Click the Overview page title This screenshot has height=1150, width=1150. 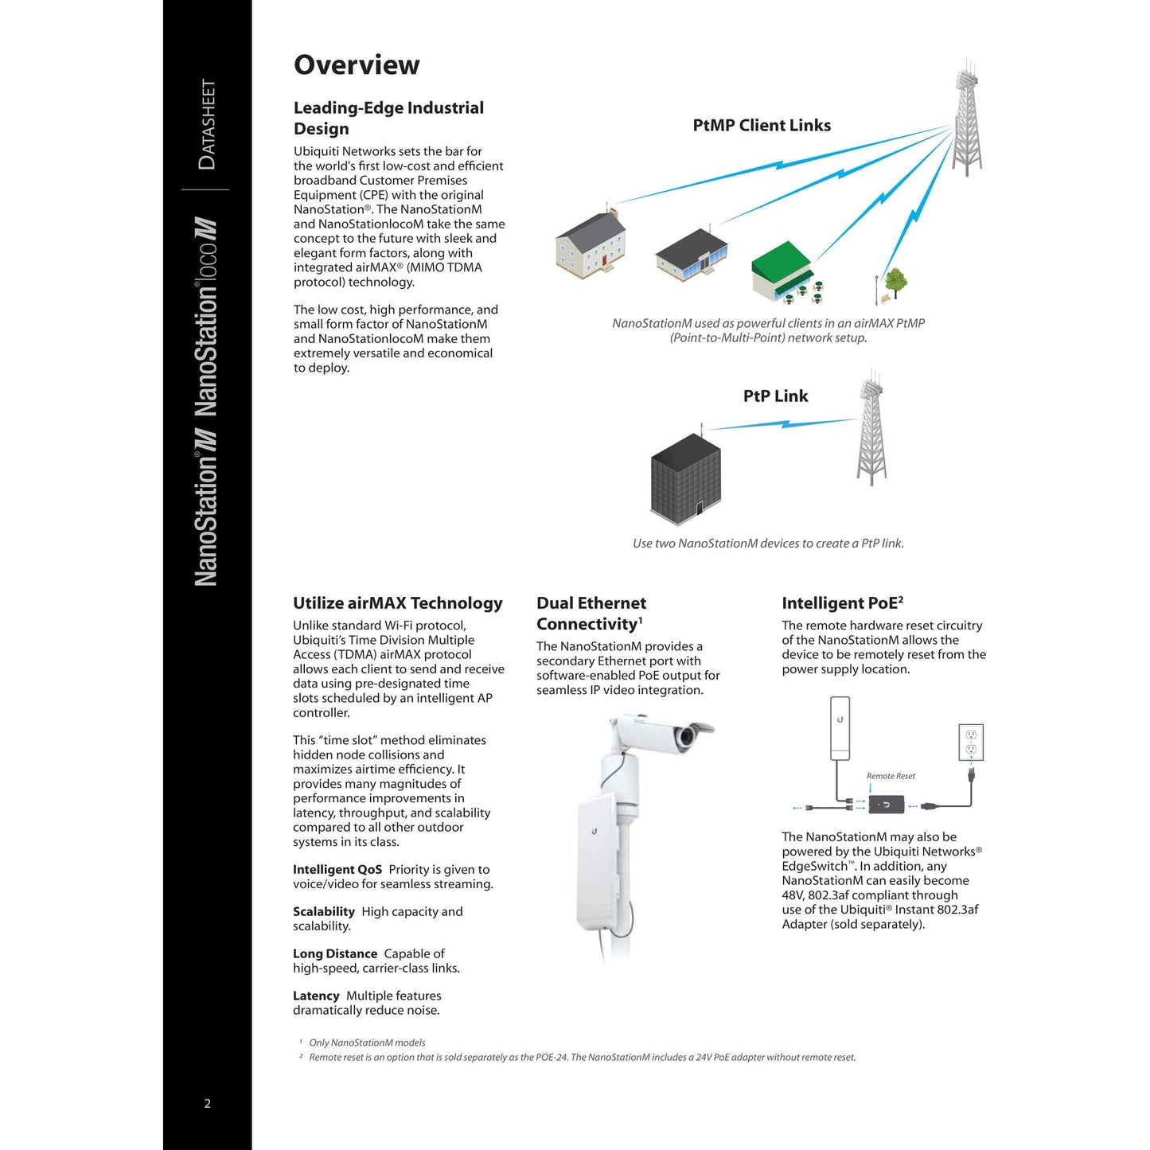(x=357, y=65)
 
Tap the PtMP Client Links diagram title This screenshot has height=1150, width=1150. (x=762, y=125)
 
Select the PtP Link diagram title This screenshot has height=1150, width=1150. (x=775, y=396)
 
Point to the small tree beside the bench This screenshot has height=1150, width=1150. (x=896, y=281)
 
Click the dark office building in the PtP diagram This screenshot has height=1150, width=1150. (x=686, y=478)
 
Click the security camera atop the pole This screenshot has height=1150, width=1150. (x=680, y=735)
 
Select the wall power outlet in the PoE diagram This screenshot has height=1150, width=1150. (x=971, y=743)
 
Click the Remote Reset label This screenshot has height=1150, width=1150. (x=891, y=776)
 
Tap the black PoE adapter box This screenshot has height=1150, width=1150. (x=886, y=805)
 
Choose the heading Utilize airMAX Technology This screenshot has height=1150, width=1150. (x=398, y=603)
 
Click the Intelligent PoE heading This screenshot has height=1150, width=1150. (x=842, y=603)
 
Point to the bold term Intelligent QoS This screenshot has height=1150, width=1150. (x=337, y=870)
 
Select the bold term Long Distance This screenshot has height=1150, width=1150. (x=335, y=953)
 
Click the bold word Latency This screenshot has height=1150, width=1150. (x=316, y=996)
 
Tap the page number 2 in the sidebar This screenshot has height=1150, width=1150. (x=208, y=1103)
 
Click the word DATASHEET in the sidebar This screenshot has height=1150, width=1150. (x=207, y=124)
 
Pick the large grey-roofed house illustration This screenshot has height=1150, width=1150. (x=591, y=245)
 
